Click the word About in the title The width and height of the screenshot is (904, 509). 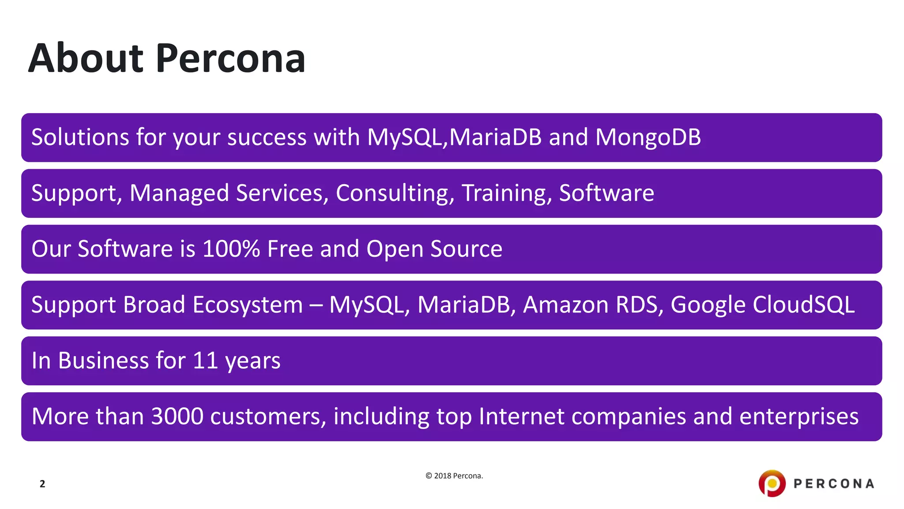point(86,58)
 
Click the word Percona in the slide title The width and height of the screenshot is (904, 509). point(230,58)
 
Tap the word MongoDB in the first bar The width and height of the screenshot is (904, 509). point(648,137)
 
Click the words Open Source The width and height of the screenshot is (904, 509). point(434,249)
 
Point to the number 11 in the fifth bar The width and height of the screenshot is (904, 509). point(205,361)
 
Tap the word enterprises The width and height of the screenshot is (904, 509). point(799,416)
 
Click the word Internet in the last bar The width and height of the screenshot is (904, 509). point(521,416)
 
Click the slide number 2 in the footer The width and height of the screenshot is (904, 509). point(42,484)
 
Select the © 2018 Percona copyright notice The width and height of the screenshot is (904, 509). point(454,476)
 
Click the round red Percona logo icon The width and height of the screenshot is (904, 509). point(772,483)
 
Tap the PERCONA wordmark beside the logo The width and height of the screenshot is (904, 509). point(834,484)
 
